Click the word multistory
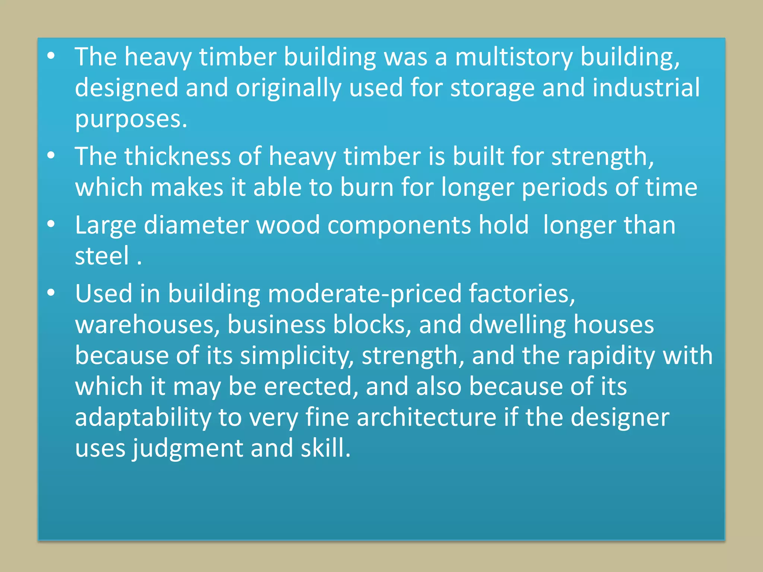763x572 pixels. click(x=514, y=57)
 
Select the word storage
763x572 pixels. click(x=492, y=88)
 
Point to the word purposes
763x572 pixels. click(x=131, y=120)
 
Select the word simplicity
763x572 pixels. click(x=297, y=356)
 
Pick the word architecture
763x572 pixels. click(x=427, y=417)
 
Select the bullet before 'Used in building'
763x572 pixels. click(x=51, y=293)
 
